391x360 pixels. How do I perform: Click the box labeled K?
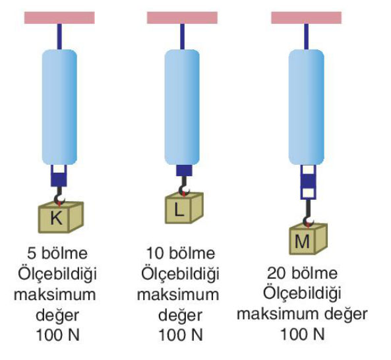(x=61, y=217)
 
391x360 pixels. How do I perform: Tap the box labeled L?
(x=184, y=208)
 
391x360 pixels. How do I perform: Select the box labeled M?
(x=308, y=239)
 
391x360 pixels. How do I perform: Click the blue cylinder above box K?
(x=59, y=107)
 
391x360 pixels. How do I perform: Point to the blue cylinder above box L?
(x=182, y=107)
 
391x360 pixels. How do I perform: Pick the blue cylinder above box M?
(x=306, y=107)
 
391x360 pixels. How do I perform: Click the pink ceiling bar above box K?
(x=59, y=18)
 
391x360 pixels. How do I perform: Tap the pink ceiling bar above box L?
(x=182, y=18)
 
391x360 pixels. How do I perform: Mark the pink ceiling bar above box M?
(x=306, y=18)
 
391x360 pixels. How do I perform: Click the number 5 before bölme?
(x=32, y=253)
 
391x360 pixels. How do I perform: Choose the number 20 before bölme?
(x=276, y=273)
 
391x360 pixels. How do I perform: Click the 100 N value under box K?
(x=58, y=334)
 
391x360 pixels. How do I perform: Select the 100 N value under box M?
(x=303, y=334)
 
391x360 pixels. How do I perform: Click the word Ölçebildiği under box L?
(x=180, y=274)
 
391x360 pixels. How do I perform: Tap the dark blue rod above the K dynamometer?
(x=59, y=37)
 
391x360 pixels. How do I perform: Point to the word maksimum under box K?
(x=55, y=295)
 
